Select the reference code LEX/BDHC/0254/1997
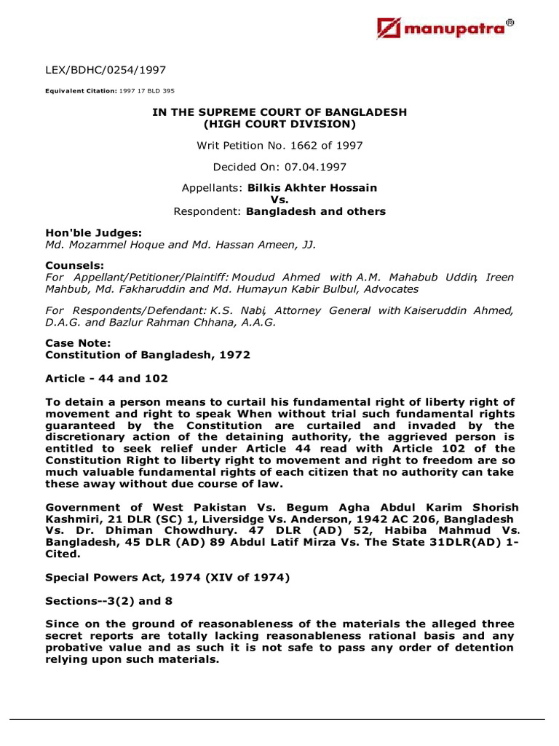(106, 71)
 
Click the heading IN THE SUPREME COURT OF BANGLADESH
(279, 111)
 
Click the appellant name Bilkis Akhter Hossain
(312, 188)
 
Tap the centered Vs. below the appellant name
(279, 200)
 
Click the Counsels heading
(74, 266)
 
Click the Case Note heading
(78, 344)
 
